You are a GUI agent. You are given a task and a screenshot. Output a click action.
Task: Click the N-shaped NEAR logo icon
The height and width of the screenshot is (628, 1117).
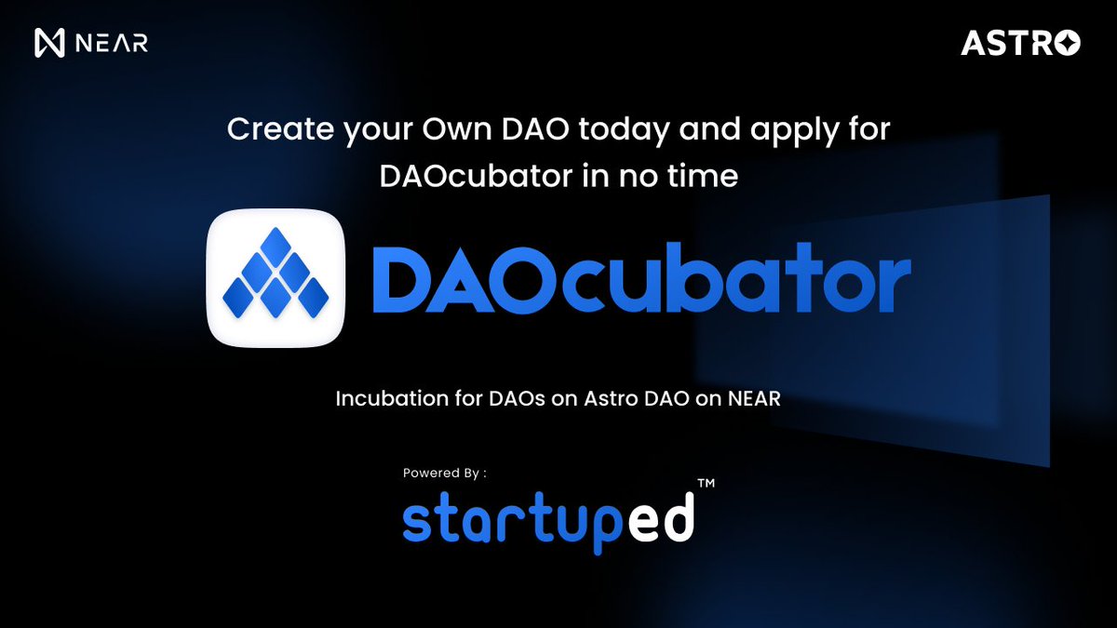click(48, 43)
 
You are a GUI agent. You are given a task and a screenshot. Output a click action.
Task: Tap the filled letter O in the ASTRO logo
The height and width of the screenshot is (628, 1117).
click(1069, 43)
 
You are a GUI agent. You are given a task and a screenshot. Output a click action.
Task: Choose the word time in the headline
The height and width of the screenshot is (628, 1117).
click(704, 176)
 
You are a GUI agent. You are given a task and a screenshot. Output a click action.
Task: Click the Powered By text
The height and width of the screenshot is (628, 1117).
click(444, 473)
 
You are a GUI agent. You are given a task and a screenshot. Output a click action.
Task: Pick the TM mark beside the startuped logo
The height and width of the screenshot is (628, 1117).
click(707, 484)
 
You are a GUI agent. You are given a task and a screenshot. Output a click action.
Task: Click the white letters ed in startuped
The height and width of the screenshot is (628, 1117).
click(663, 521)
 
